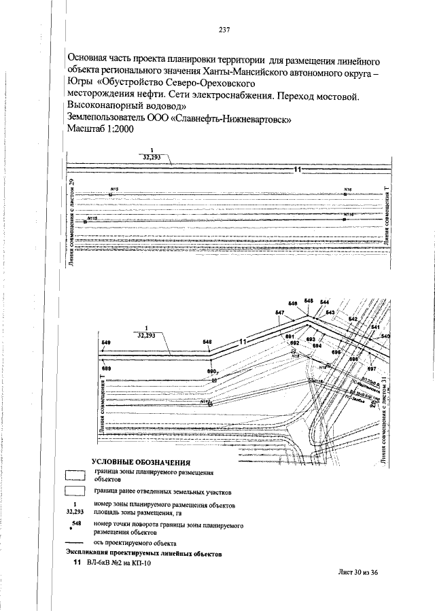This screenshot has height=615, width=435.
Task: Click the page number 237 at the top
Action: point(225,29)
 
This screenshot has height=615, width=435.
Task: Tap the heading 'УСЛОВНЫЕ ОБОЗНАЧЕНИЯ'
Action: point(141,462)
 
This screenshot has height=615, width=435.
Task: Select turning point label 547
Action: point(279,313)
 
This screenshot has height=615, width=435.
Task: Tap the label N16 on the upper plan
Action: point(347,190)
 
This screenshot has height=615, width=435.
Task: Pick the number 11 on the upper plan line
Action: point(297,169)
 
